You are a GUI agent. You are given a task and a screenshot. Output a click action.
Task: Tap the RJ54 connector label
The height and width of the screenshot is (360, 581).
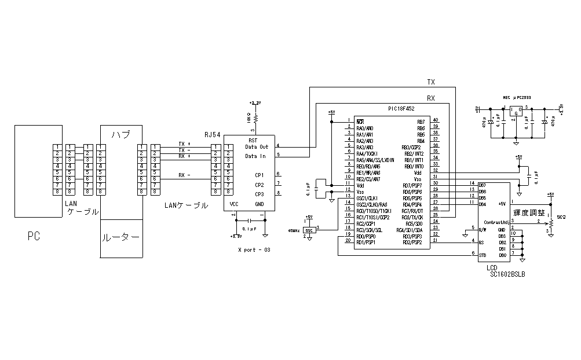pyautogui.click(x=213, y=134)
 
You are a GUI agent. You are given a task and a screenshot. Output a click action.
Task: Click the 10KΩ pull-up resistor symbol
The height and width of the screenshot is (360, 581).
pyautogui.click(x=255, y=118)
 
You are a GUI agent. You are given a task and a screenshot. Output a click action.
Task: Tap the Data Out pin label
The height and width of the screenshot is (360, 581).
pyautogui.click(x=257, y=147)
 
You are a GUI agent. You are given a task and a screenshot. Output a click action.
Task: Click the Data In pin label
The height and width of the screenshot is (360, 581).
pyautogui.click(x=255, y=156)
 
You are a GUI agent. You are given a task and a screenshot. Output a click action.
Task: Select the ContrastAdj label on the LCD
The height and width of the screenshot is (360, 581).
pyautogui.click(x=496, y=222)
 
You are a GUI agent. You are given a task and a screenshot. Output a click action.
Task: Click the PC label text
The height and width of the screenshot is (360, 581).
pyautogui.click(x=34, y=236)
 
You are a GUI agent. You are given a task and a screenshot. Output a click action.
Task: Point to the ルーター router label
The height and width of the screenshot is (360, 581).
pyautogui.click(x=120, y=237)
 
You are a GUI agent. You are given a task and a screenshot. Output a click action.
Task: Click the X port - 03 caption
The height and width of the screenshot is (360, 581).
pyautogui.click(x=254, y=250)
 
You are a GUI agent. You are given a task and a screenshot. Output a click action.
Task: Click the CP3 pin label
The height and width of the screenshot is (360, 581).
pyautogui.click(x=259, y=194)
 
